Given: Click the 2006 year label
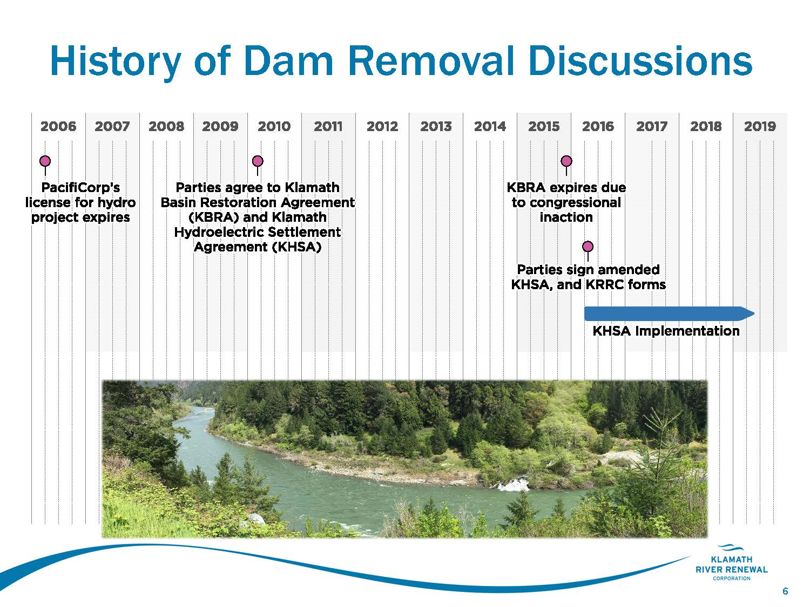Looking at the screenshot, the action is (58, 126).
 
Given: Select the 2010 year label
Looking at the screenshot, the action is (274, 126).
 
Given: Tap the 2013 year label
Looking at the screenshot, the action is (436, 126).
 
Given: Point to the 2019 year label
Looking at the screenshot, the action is (760, 126).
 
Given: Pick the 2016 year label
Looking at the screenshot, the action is (598, 126).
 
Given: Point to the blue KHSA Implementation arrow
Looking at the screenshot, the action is (669, 313).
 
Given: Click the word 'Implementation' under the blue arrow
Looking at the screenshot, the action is (687, 331).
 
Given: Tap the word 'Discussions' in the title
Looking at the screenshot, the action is (640, 61).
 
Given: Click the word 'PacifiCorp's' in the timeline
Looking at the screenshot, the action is (80, 188).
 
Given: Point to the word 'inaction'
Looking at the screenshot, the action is (566, 217).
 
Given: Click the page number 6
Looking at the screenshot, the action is (785, 591).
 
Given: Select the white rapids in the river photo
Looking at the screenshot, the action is (513, 485).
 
